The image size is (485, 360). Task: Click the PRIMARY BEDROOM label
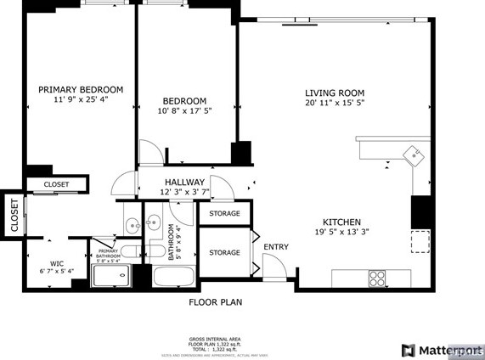point(81,89)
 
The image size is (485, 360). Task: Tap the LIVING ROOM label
point(335,93)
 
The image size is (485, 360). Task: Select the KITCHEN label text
point(341,221)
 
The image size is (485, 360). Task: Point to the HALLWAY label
point(184,182)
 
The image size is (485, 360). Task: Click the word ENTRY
point(276,247)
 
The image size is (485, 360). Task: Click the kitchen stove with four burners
point(376,278)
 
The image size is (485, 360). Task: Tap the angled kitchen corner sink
point(414,155)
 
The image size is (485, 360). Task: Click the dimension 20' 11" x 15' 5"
point(335,103)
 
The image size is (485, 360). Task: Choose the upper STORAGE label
point(224,213)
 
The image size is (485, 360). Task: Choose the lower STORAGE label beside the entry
point(224,252)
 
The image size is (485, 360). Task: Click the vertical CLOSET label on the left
point(14,215)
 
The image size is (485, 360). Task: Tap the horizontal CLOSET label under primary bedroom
point(56,184)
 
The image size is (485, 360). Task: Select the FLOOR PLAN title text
point(215,301)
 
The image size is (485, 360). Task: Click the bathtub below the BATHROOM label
point(174,277)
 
